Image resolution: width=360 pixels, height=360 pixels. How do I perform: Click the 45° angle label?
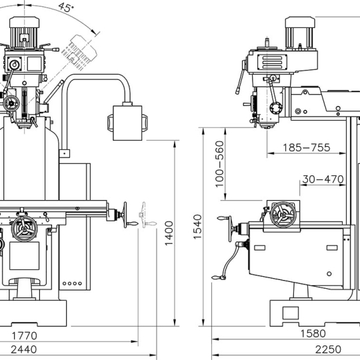[66, 7]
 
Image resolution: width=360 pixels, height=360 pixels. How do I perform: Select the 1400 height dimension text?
[169, 233]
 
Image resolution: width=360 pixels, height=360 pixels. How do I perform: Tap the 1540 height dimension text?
[197, 227]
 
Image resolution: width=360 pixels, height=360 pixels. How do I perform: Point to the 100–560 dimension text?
[219, 164]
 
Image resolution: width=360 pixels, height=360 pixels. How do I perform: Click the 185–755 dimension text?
[306, 147]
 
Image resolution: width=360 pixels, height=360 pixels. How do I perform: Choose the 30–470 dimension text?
[323, 179]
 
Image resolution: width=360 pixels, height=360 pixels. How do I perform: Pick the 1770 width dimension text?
[24, 335]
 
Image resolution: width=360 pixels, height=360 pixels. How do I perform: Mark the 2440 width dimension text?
[23, 350]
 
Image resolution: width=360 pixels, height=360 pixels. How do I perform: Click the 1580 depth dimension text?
[313, 333]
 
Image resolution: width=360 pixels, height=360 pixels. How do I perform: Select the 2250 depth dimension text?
[328, 350]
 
